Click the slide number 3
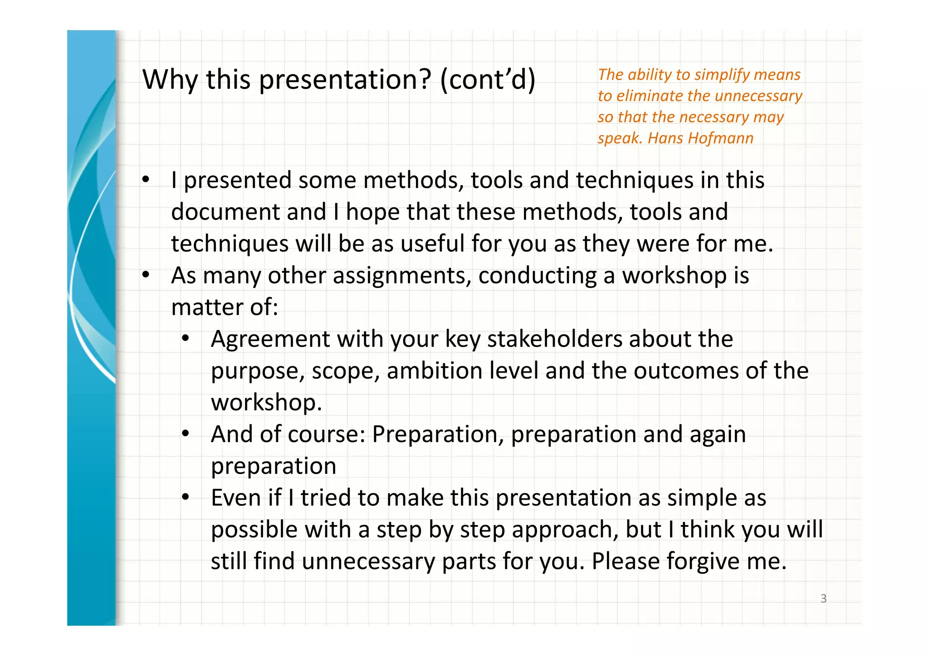[x=823, y=598]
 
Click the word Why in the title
[x=170, y=80]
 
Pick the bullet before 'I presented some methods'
[x=145, y=180]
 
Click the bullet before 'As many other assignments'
[x=145, y=275]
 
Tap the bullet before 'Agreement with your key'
[x=185, y=339]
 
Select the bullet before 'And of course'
[x=185, y=434]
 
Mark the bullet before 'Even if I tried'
[x=185, y=497]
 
